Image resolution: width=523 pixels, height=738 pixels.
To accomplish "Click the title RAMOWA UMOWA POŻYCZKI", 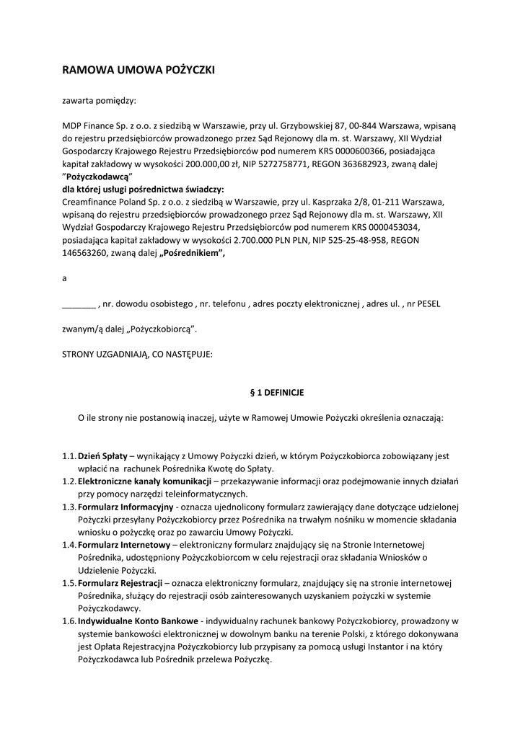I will pos(139,70).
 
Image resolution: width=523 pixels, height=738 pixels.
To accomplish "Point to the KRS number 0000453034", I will pos(385,227).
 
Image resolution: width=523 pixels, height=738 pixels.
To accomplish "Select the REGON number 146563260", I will pos(84,253).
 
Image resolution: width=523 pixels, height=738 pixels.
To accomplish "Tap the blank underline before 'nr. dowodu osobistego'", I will pos(79,304).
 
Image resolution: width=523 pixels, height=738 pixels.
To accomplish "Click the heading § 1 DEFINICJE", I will pos(276,393).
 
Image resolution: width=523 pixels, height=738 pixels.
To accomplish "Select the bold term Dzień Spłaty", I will pos(102,456).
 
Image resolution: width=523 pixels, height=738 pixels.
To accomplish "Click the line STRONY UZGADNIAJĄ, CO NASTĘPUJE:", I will pos(137,354).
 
